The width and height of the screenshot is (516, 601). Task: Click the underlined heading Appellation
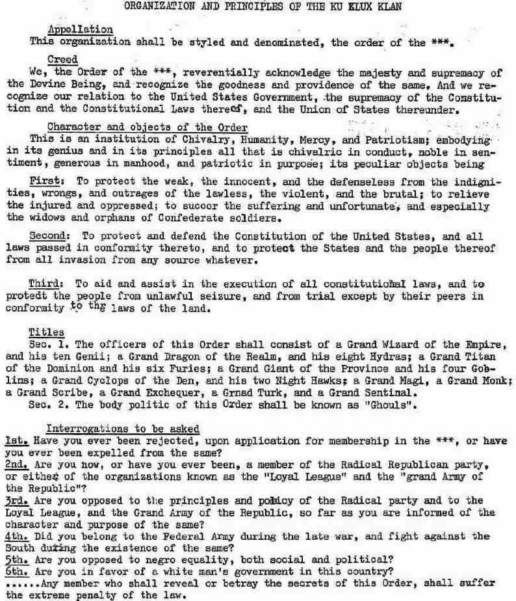pos(80,29)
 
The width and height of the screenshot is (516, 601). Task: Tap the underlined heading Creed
pos(63,59)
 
